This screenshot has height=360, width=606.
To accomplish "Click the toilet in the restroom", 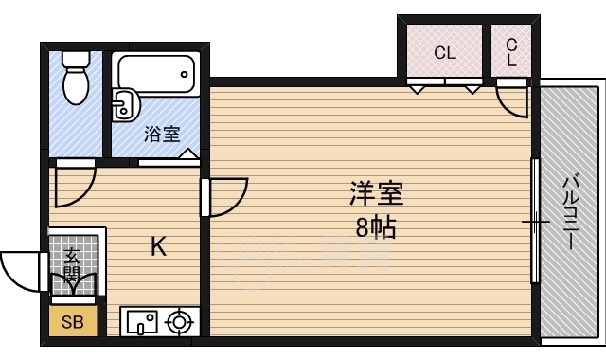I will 74,79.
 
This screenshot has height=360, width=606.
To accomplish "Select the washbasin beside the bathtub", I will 122,105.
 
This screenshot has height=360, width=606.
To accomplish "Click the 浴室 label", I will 162,134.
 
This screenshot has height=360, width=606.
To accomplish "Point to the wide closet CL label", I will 445,53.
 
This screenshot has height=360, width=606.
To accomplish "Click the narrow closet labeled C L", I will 511,51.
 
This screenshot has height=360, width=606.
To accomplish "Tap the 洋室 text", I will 377,194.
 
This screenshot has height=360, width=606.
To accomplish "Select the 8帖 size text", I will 377,227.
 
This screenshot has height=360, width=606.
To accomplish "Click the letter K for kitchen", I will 159,248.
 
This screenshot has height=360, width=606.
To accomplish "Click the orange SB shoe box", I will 72,322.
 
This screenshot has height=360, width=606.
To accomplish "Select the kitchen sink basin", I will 140,322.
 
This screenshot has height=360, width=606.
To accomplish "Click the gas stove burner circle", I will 178,322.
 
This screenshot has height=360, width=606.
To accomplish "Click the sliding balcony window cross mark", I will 535,223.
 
